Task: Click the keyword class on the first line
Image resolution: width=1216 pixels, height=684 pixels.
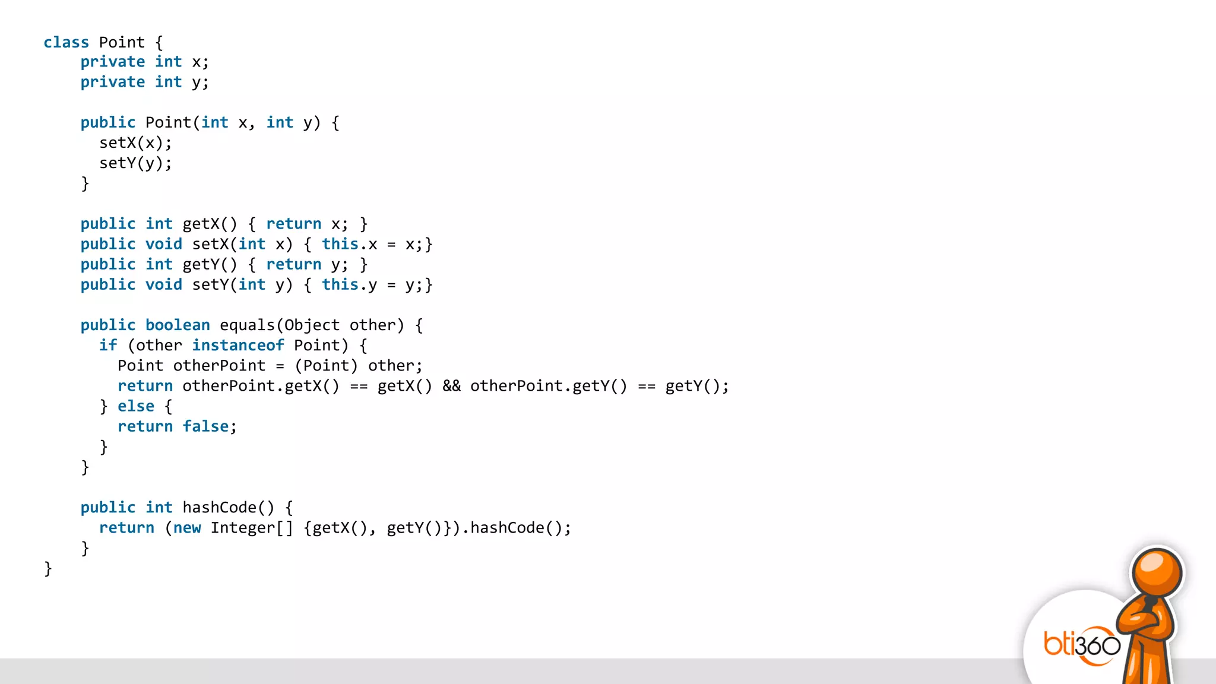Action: (66, 42)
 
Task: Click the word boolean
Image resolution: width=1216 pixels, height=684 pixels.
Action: (178, 325)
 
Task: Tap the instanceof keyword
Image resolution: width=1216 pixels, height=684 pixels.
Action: (237, 346)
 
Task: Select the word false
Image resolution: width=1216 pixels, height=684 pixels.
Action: (205, 426)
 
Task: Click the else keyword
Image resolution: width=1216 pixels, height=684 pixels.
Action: (136, 406)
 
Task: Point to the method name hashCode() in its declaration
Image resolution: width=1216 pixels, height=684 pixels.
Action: (228, 508)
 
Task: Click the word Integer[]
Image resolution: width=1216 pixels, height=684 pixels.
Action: (252, 528)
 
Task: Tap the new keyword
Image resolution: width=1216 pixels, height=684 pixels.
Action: (187, 528)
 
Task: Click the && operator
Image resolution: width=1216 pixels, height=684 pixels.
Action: (451, 386)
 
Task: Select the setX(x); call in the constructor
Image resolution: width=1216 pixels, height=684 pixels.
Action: (135, 143)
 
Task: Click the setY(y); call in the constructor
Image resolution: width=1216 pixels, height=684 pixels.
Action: (135, 163)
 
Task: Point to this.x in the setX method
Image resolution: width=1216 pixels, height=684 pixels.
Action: (349, 244)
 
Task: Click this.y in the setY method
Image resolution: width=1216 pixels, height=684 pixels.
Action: (349, 285)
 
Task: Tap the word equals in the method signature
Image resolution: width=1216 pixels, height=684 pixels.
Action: (247, 325)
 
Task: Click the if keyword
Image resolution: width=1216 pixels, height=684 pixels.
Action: (108, 346)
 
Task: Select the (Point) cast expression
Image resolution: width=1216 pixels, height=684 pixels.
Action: (326, 366)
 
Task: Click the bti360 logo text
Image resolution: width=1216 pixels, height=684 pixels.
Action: (1082, 645)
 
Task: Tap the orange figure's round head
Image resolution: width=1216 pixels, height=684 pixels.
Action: (1157, 573)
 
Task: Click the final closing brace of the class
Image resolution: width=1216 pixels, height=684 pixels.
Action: (48, 569)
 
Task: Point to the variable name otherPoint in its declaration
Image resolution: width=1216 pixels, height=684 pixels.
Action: (219, 366)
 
